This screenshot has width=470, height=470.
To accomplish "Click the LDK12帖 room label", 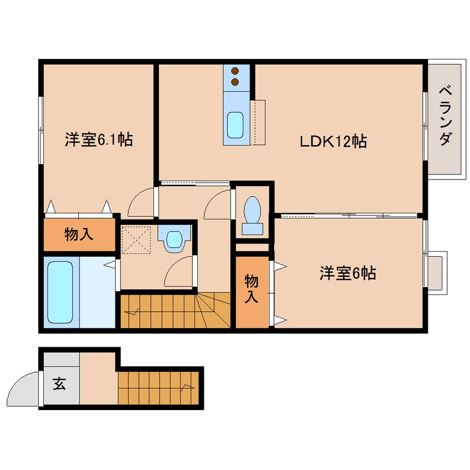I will pyautogui.click(x=333, y=142).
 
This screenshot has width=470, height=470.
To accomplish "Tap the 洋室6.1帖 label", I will pyautogui.click(x=98, y=139).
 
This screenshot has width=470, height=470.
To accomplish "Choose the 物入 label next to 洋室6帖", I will pyautogui.click(x=251, y=289).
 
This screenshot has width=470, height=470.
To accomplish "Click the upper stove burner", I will pyautogui.click(x=234, y=71).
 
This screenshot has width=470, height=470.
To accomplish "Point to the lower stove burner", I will pyautogui.click(x=234, y=82).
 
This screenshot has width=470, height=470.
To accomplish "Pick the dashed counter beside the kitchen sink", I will pyautogui.click(x=258, y=122).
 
